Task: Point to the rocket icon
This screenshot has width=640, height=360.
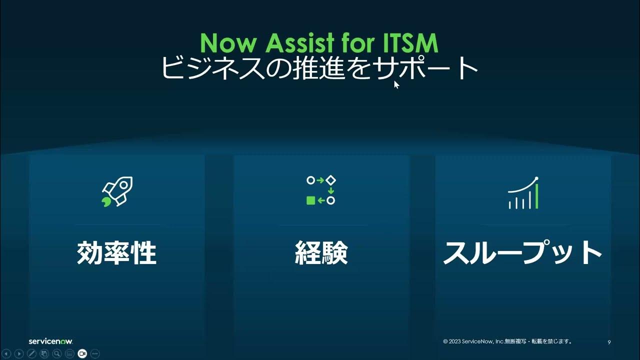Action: pos(117,191)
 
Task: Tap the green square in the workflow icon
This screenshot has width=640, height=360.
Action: pos(310,200)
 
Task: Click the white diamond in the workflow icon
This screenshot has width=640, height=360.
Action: pos(330,179)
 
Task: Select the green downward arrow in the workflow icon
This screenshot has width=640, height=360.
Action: pos(330,190)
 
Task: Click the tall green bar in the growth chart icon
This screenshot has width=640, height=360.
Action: pos(536,196)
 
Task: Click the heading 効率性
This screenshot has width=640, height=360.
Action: pos(117,253)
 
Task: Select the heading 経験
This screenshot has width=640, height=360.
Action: pos(320,253)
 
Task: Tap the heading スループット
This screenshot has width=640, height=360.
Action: pos(522,253)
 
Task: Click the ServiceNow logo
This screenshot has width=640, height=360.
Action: pos(50,341)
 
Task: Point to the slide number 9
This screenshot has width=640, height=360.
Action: pos(609,342)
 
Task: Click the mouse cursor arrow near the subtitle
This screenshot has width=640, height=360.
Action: pos(396,84)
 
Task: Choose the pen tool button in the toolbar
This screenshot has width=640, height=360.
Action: pos(31,354)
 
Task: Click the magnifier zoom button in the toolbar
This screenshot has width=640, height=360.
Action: pos(57,354)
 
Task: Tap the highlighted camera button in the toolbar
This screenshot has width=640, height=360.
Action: pos(82,354)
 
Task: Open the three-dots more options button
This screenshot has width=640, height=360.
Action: pos(95,354)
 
